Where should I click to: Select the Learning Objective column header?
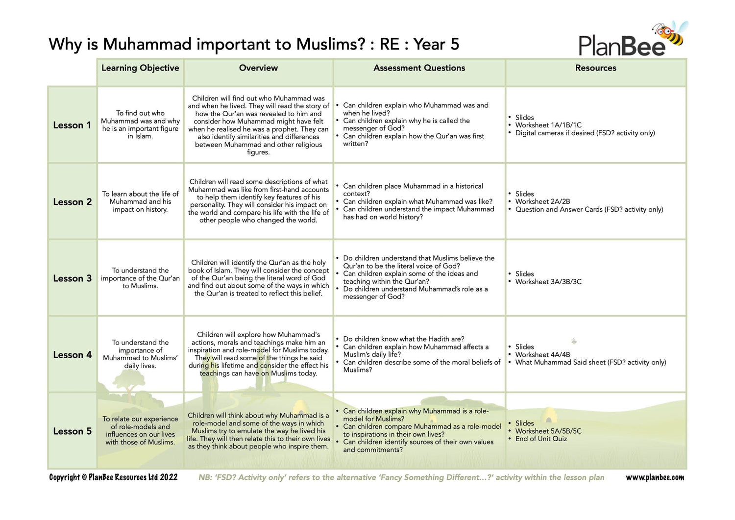point(140,68)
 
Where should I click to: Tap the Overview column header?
point(258,68)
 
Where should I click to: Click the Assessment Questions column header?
point(419,68)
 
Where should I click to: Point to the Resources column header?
point(595,68)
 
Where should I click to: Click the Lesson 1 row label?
point(72,125)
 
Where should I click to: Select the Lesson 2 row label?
point(72,202)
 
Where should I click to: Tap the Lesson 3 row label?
point(72,278)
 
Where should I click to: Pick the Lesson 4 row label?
point(72,355)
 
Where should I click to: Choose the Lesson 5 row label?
point(72,431)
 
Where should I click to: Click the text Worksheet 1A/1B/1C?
point(548,125)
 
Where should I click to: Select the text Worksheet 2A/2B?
point(542,201)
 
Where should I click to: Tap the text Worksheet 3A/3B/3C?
point(548,282)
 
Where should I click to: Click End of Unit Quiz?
point(541,439)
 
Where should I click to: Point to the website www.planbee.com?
point(655,477)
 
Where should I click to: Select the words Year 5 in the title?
point(436,45)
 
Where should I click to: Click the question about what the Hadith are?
point(404,339)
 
